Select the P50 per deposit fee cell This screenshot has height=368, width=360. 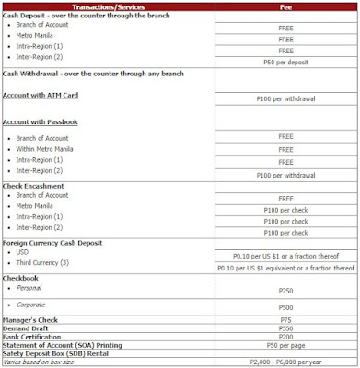point(285,63)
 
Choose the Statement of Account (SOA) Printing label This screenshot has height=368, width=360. point(72,346)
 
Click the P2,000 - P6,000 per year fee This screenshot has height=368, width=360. point(285,362)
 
